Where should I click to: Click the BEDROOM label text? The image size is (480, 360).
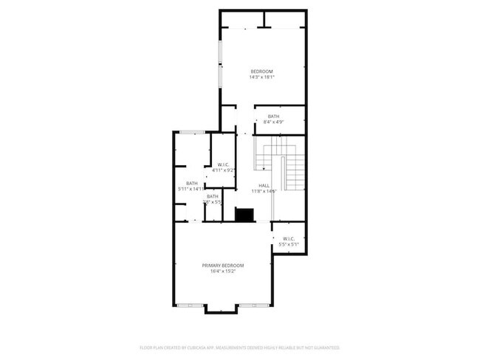pyautogui.click(x=261, y=71)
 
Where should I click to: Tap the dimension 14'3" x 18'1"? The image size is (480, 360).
pyautogui.click(x=261, y=77)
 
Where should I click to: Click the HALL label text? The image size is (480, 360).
pyautogui.click(x=264, y=185)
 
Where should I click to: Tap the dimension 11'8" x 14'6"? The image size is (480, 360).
pyautogui.click(x=264, y=191)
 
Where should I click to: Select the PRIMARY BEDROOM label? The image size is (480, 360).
pyautogui.click(x=223, y=265)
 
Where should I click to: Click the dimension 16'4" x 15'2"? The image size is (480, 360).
pyautogui.click(x=223, y=271)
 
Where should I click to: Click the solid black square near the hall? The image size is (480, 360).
pyautogui.click(x=244, y=214)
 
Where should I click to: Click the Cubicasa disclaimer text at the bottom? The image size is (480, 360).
pyautogui.click(x=239, y=347)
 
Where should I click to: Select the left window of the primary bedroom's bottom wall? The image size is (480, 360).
pyautogui.click(x=191, y=305)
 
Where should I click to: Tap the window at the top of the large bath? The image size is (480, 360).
pyautogui.click(x=193, y=132)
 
